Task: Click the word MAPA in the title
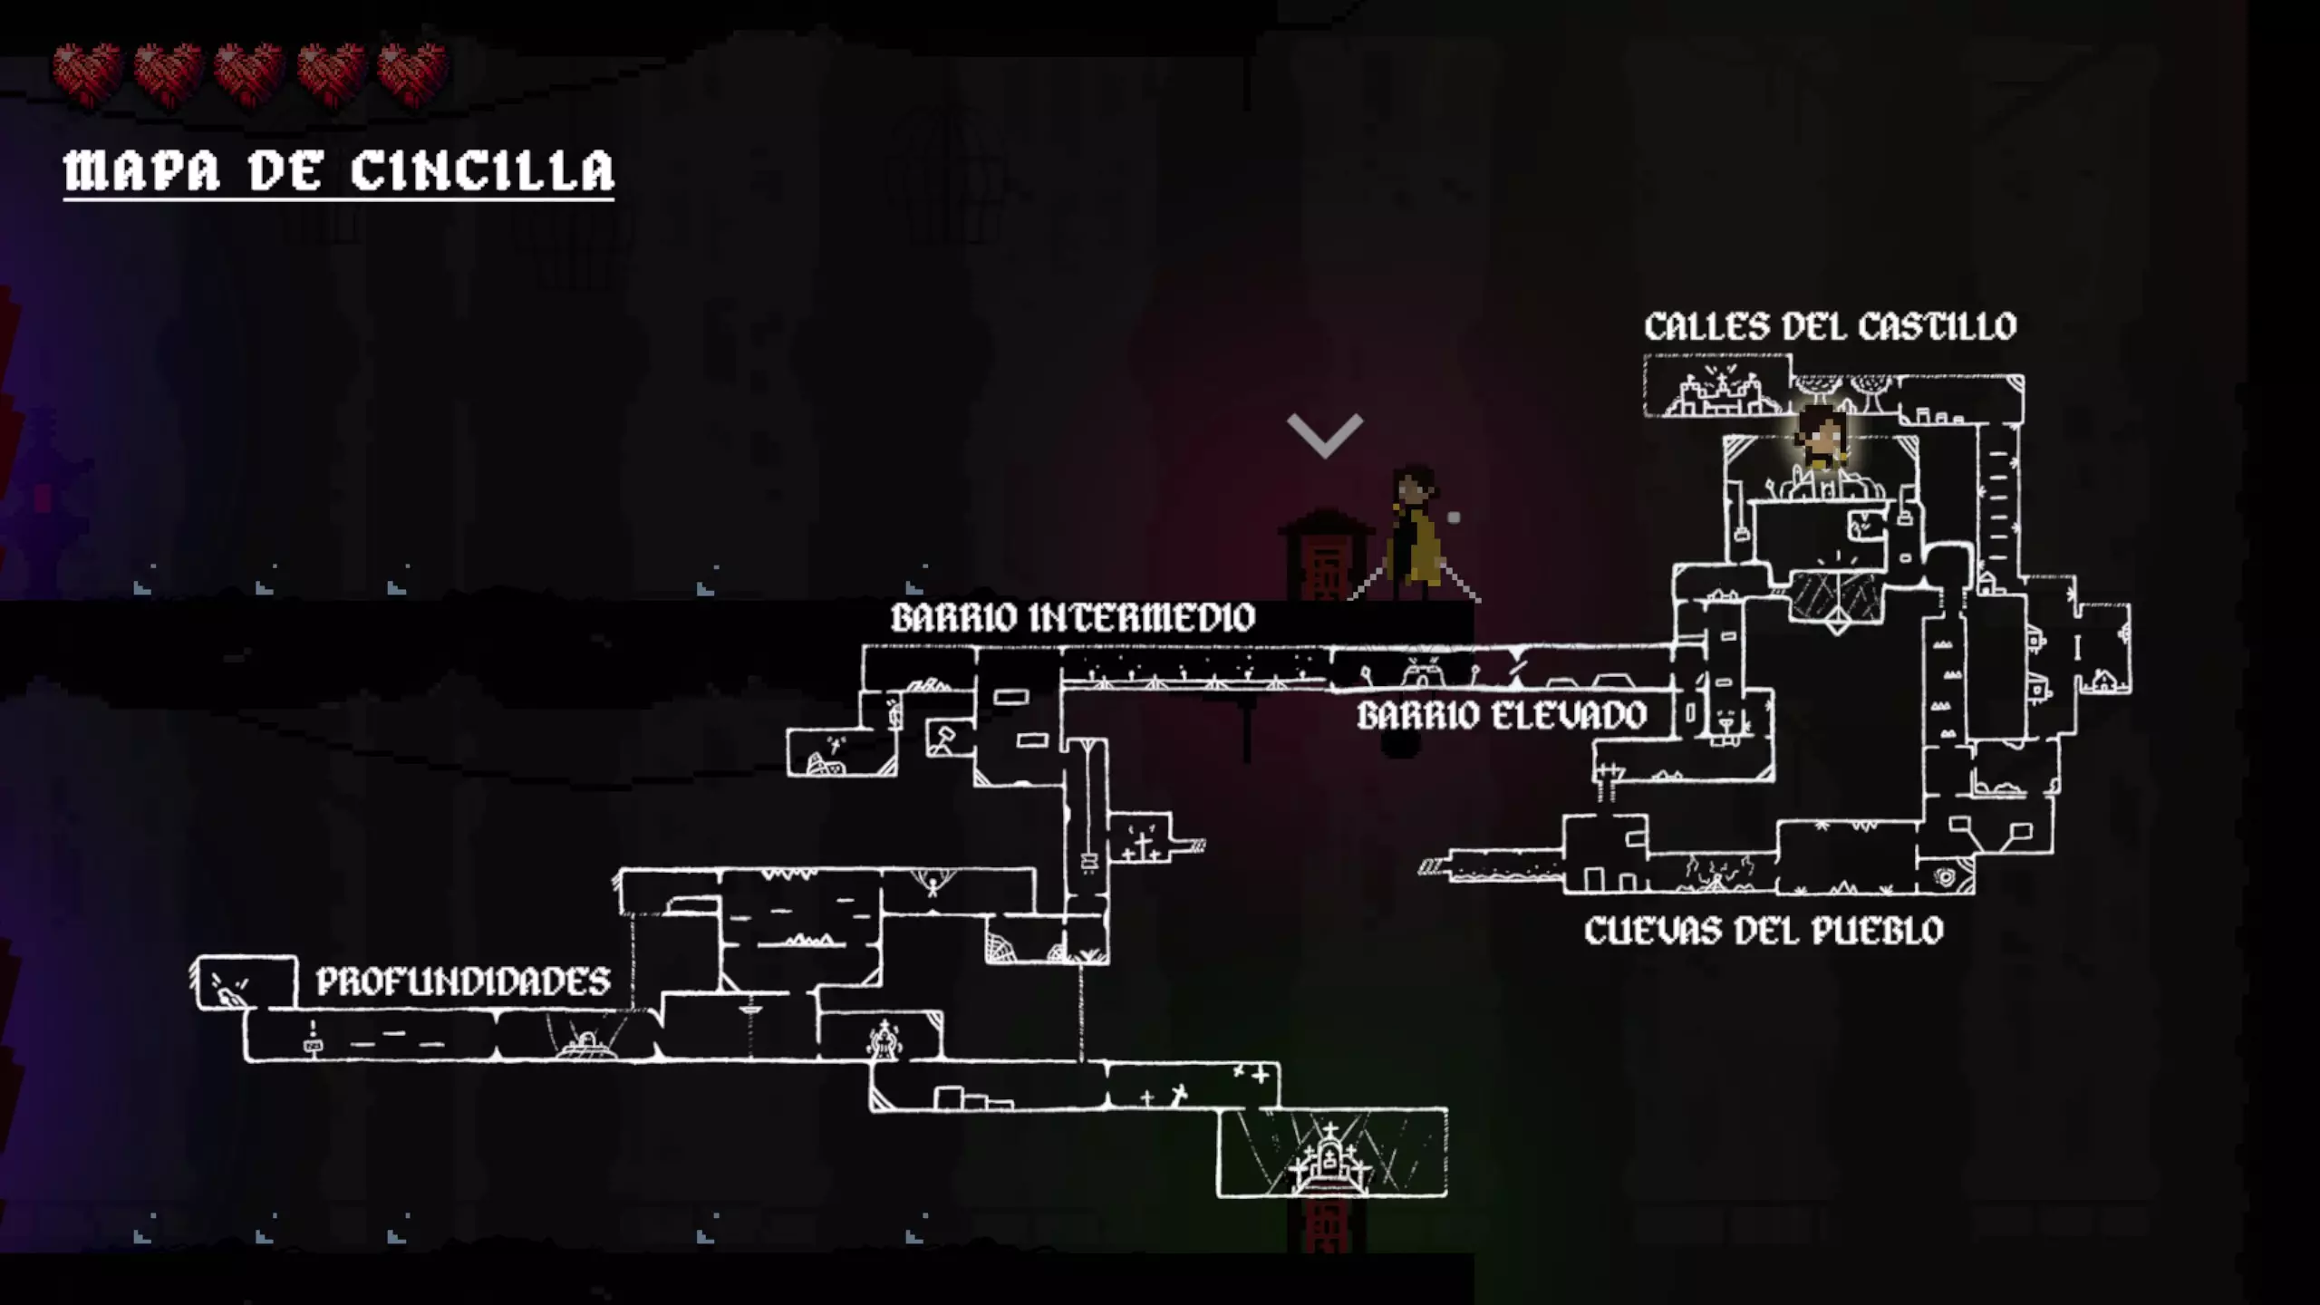coord(141,170)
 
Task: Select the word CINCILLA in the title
coord(482,170)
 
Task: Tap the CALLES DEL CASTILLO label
coord(1831,326)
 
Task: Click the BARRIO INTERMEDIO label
coord(1073,618)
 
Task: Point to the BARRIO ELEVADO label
coord(1502,716)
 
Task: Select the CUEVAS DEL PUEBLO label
coord(1764,931)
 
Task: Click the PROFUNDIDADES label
coord(463,981)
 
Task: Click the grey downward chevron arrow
coord(1325,436)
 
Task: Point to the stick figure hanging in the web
coord(933,884)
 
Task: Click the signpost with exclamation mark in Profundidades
coord(313,1039)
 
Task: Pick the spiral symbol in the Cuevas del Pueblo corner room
coord(1945,876)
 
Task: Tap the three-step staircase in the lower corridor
coord(973,1097)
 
